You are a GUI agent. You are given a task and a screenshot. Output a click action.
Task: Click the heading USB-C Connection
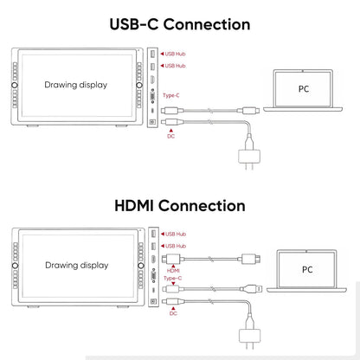click(180, 24)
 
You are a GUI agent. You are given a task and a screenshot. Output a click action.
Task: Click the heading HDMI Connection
click(180, 206)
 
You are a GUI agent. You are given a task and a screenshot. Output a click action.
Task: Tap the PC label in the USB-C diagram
click(304, 89)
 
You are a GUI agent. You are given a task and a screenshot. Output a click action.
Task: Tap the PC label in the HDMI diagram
click(307, 269)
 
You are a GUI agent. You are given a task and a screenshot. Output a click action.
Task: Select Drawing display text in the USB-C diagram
click(76, 85)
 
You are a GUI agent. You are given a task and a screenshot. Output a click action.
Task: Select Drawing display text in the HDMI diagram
click(77, 266)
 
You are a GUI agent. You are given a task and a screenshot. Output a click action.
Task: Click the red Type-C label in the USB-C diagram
click(171, 95)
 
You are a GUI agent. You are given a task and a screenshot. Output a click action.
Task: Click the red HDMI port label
click(173, 271)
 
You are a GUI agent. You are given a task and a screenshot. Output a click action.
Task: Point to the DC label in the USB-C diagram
click(171, 136)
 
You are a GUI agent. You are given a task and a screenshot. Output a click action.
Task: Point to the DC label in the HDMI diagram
click(173, 313)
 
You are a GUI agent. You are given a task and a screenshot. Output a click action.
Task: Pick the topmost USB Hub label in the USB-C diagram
click(175, 54)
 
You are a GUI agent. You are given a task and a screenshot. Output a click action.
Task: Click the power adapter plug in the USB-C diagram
click(249, 157)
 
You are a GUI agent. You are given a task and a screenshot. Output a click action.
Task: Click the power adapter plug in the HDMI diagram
click(250, 336)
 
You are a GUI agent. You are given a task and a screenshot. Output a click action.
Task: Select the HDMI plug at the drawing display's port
click(171, 259)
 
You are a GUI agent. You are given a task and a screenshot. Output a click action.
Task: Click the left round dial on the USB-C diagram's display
click(15, 85)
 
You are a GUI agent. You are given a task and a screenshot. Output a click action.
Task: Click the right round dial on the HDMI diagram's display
click(141, 266)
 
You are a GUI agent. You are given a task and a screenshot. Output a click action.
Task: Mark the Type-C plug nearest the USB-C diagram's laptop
click(248, 110)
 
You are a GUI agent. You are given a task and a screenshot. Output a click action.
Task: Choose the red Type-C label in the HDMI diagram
click(172, 278)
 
